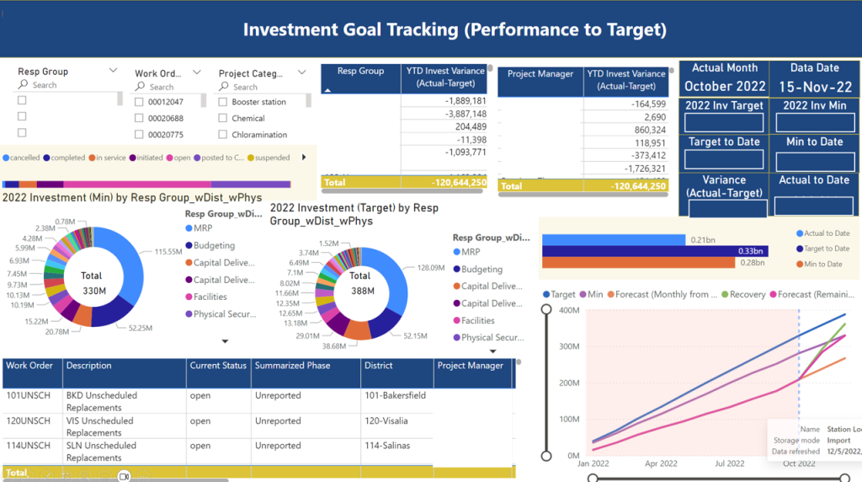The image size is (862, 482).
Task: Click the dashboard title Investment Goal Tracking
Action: (455, 30)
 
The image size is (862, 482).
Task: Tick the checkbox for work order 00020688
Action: (140, 119)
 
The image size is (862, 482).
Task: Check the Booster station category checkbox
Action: (223, 102)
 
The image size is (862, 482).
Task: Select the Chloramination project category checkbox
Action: (223, 135)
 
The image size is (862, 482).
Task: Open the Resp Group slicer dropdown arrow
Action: (113, 72)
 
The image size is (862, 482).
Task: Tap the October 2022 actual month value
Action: (724, 86)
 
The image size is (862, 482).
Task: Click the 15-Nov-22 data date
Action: (814, 86)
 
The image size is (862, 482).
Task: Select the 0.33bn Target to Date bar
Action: (654, 251)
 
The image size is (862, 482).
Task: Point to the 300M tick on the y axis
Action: (569, 346)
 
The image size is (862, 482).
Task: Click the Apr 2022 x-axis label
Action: (661, 463)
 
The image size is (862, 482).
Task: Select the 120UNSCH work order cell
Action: (24, 420)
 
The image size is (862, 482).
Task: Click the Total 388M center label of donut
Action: (359, 283)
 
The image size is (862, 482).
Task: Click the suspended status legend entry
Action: (271, 158)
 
